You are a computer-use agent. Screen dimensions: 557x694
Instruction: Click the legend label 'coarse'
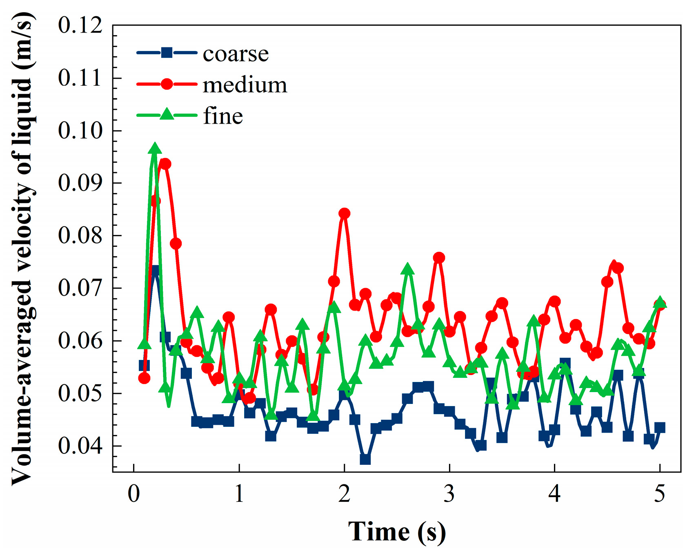236,54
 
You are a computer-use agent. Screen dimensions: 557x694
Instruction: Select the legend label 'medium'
245,85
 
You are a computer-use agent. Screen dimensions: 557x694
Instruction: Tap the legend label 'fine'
223,116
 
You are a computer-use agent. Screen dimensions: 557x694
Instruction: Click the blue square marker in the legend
167,53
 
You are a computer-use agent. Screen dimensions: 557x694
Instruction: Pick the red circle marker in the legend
167,84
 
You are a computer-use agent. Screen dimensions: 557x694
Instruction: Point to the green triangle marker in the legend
167,114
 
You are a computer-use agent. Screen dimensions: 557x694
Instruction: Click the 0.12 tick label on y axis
80,25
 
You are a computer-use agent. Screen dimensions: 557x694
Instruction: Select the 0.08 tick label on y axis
80,235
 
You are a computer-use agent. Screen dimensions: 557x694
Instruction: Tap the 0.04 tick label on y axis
80,446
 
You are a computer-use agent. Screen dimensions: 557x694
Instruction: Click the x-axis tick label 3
449,494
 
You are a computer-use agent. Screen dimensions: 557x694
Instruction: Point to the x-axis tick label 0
133,494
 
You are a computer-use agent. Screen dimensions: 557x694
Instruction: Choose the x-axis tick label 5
660,494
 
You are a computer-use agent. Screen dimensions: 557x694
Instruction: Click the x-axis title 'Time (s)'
397,532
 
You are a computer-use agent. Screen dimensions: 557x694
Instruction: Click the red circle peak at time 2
344,213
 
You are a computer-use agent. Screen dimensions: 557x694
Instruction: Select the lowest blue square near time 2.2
365,459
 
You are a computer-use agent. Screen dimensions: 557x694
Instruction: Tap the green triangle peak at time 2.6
407,270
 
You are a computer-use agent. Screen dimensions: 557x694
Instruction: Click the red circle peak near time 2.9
439,258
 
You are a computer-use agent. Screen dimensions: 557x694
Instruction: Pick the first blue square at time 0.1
144,365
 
